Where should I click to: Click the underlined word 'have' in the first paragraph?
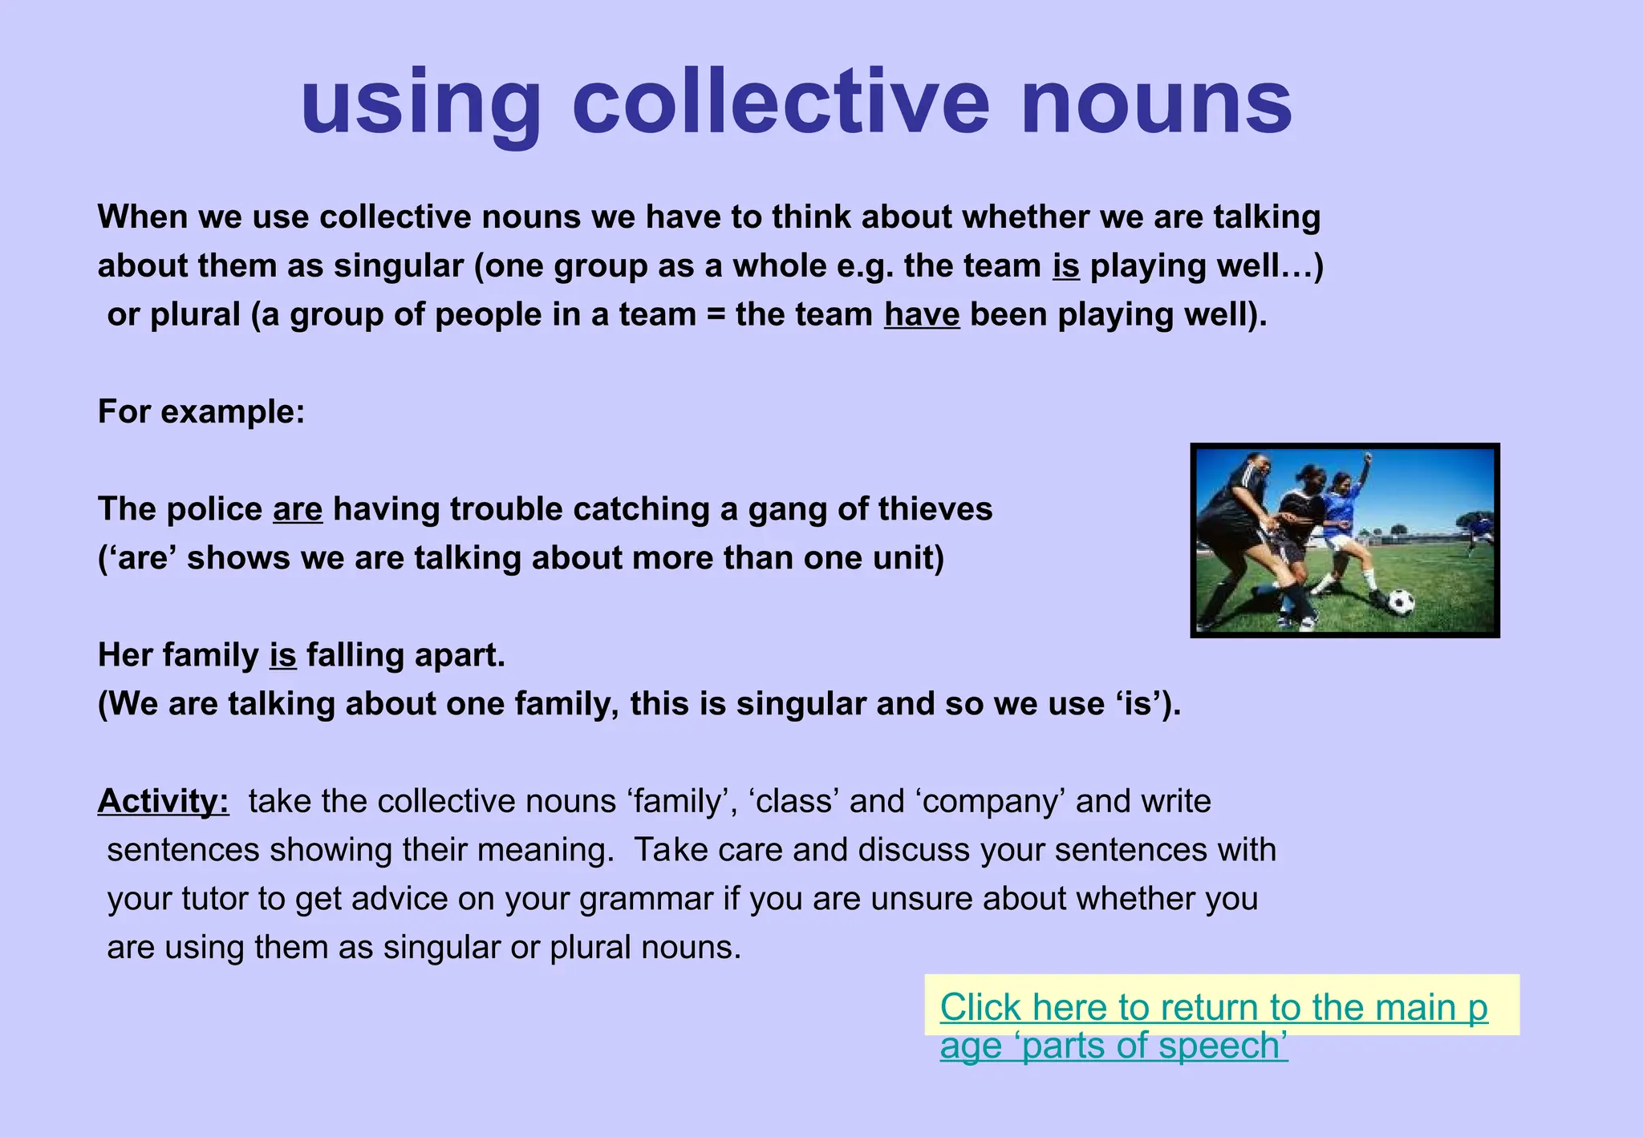(922, 314)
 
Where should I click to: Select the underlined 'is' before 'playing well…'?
(1066, 265)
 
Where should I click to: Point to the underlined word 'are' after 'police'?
(298, 509)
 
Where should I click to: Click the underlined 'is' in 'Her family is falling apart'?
(282, 655)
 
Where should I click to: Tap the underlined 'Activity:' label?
(164, 801)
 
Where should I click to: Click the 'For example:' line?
(201, 412)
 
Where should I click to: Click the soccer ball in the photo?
(1400, 601)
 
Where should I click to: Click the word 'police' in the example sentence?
(214, 509)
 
